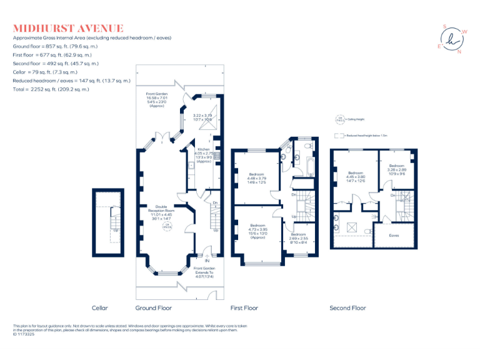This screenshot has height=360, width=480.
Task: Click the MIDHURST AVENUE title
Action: coord(68,28)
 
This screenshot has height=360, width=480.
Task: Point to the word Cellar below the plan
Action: coord(100,308)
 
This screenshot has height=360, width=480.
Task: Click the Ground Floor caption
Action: coord(154,308)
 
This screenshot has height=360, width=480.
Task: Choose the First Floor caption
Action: coord(244,308)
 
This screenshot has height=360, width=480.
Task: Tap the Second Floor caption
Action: coord(347,308)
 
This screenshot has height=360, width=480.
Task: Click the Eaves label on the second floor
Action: coord(394,236)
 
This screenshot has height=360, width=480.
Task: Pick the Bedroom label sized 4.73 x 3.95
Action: coord(258,231)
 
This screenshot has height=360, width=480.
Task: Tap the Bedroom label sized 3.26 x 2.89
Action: coord(397,169)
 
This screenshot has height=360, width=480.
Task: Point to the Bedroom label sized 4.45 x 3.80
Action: coord(356,176)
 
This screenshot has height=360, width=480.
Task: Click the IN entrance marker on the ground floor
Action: coord(207,261)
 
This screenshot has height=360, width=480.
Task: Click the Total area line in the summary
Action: coord(51,89)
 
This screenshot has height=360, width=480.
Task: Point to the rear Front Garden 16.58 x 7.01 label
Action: coord(156,100)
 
